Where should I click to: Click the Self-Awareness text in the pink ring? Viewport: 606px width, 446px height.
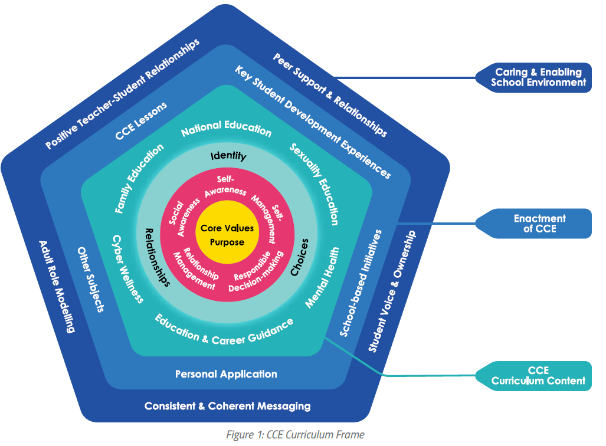coord(224,185)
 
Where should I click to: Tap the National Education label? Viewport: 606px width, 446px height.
coord(226,127)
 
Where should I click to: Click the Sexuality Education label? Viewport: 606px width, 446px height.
coord(315,183)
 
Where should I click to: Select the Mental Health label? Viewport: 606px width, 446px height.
coord(322,277)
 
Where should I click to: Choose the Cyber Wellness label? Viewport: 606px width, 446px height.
coord(127,268)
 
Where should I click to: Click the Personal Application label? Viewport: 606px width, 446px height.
coord(226,374)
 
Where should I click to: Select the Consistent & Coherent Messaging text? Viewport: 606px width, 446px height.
coord(227,406)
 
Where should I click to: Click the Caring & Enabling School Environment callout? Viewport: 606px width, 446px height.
coord(538,77)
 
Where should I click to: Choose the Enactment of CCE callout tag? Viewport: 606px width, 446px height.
coord(539,223)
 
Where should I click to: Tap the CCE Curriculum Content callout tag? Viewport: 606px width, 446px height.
coord(538,376)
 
